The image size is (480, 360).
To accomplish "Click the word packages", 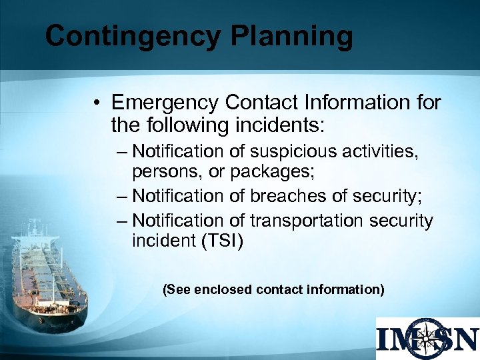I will coord(275,173).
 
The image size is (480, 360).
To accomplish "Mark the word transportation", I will coord(305,220).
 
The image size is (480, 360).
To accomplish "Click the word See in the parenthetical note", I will coord(176,289).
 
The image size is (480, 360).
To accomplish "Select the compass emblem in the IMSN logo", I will coord(427,338).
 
